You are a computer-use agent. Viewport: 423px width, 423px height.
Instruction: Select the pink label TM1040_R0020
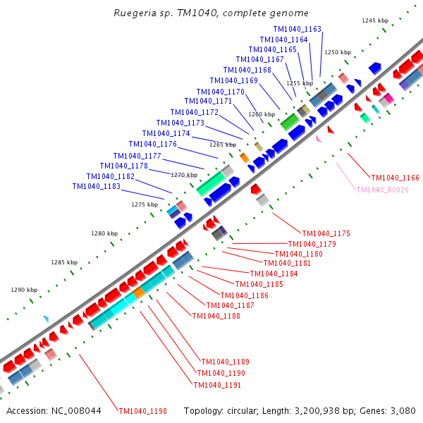pyautogui.click(x=382, y=190)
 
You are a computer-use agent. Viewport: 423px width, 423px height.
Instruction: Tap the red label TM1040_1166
pyautogui.click(x=395, y=178)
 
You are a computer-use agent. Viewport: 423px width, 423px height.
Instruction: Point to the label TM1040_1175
pyautogui.click(x=326, y=233)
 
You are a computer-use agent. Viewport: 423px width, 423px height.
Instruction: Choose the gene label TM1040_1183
pyautogui.click(x=96, y=186)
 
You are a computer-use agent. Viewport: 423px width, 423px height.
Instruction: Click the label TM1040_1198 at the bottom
pyautogui.click(x=142, y=411)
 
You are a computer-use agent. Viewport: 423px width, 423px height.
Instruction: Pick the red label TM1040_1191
pyautogui.click(x=217, y=385)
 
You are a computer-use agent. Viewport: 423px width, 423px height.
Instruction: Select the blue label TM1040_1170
pyautogui.click(x=220, y=92)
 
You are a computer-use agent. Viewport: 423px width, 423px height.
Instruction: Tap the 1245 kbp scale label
pyautogui.click(x=374, y=20)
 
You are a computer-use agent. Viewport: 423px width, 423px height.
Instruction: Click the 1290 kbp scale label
pyautogui.click(x=24, y=290)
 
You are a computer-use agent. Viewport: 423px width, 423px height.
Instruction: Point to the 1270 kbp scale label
pyautogui.click(x=184, y=174)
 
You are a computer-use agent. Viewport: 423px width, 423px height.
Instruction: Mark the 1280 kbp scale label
pyautogui.click(x=104, y=233)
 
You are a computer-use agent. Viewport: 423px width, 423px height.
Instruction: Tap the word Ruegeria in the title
pyautogui.click(x=137, y=13)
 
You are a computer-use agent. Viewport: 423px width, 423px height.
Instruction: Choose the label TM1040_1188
pyautogui.click(x=216, y=316)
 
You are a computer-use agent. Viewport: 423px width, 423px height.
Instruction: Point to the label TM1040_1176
pyautogui.click(x=152, y=144)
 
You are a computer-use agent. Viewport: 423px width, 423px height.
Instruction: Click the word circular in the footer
pyautogui.click(x=243, y=411)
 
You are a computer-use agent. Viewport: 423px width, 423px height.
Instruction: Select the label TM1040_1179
pyautogui.click(x=312, y=244)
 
